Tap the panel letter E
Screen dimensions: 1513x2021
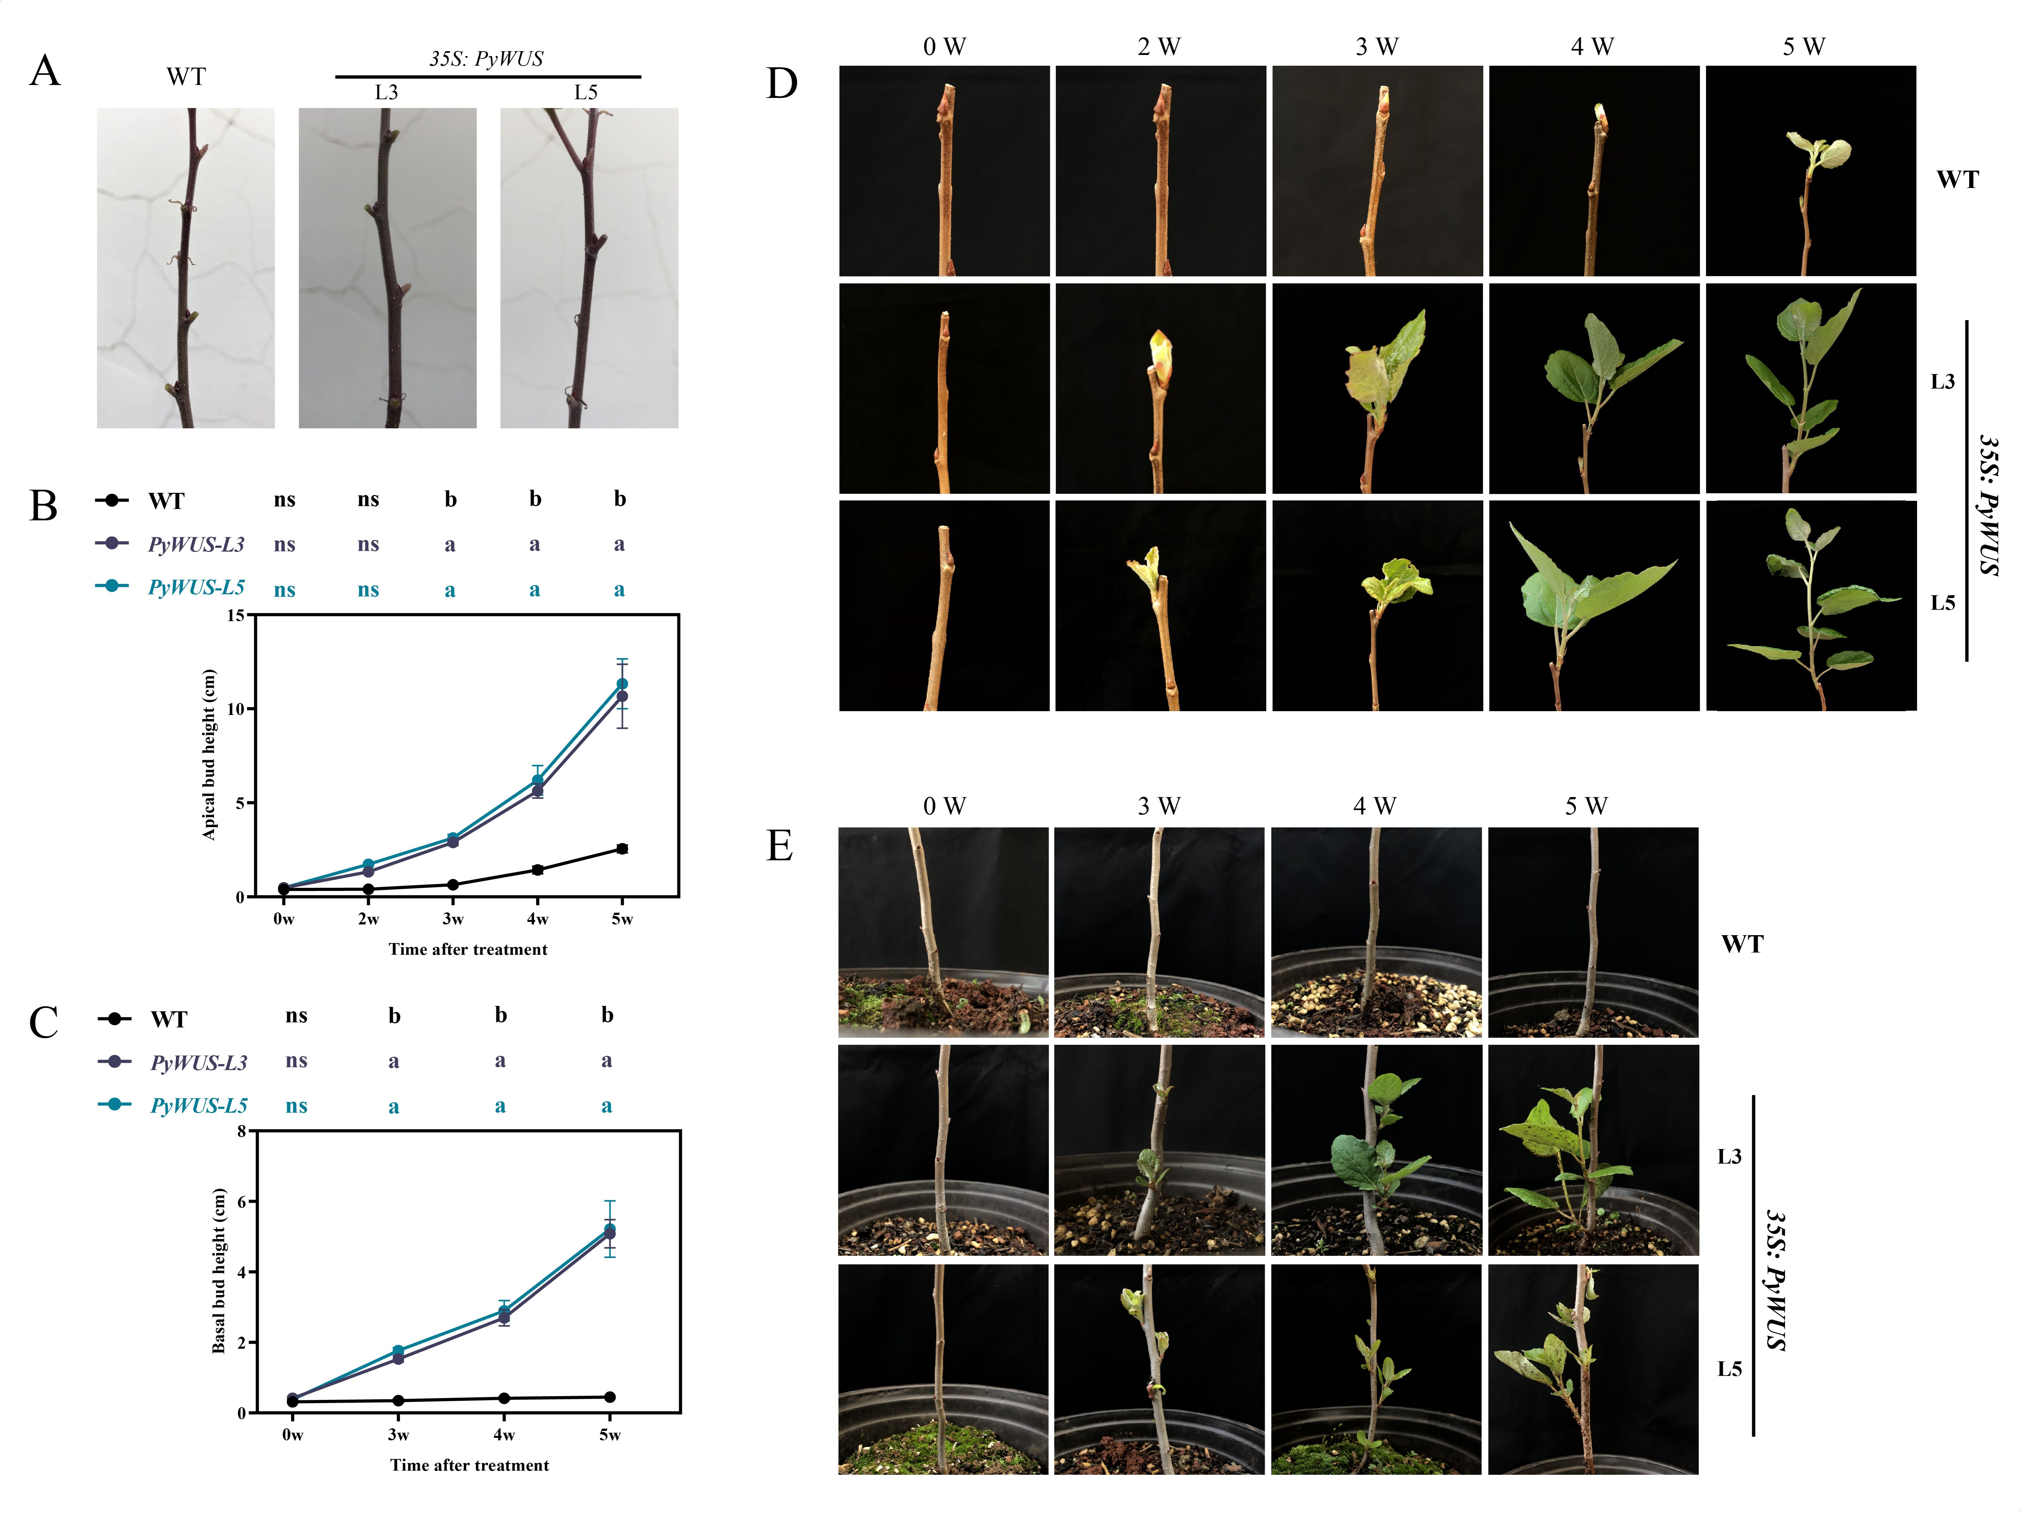coord(779,846)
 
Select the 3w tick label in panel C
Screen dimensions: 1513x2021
coord(398,1434)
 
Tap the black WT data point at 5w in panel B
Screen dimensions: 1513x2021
coord(622,849)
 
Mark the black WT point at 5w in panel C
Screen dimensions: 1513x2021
coord(610,1397)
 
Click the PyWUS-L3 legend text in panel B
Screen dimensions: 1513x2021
coord(197,545)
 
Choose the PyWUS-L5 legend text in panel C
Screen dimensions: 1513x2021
coord(199,1105)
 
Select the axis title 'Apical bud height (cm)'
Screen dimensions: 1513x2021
coord(209,755)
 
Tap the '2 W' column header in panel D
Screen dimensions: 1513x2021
coord(1158,46)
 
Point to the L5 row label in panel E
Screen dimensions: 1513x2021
coord(1730,1369)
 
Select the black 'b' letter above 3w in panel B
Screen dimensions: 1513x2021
coord(451,499)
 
